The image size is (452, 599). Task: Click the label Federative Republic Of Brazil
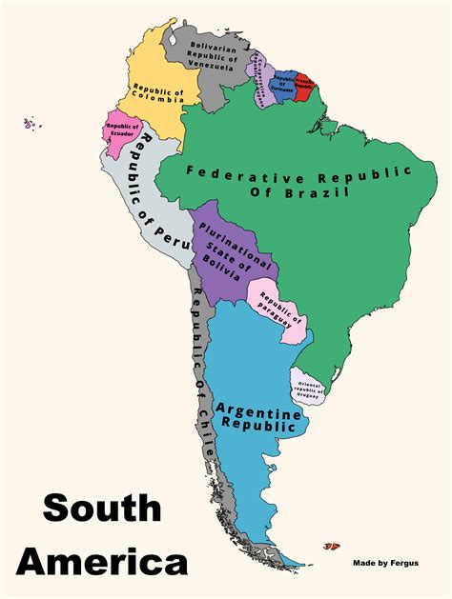tap(298, 183)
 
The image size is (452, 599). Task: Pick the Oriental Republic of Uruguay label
tap(312, 389)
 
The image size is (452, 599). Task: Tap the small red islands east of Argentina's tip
tap(332, 547)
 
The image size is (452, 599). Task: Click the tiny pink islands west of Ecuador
tap(31, 123)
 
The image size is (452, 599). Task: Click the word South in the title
tap(102, 509)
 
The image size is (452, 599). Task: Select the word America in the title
tap(102, 560)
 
